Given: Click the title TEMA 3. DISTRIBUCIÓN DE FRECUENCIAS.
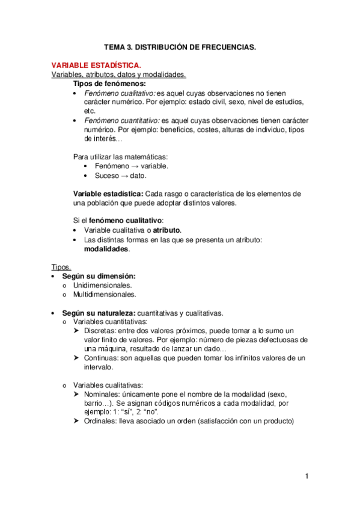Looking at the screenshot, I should [180, 47].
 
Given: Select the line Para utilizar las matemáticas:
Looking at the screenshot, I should [120, 156].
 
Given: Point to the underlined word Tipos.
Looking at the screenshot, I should [61, 267].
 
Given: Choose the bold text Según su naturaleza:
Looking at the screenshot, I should [99, 313].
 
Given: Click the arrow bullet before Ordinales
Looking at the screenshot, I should [77, 422].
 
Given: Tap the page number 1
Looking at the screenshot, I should [307, 477].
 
